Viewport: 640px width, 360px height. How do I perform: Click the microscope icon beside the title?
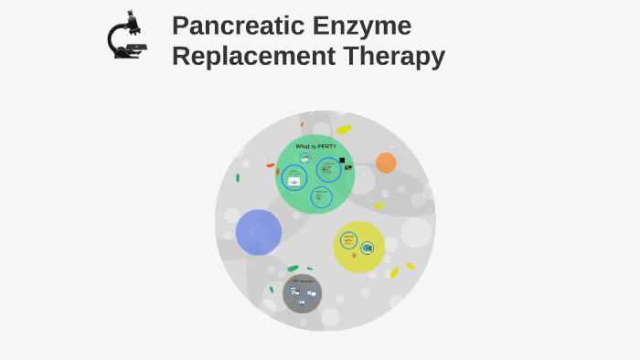coord(126,37)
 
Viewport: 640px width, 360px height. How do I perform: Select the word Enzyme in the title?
coord(366,26)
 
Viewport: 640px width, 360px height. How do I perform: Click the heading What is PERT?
coord(315,146)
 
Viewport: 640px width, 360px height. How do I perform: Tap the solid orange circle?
coord(386,163)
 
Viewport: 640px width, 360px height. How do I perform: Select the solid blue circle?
coord(259,232)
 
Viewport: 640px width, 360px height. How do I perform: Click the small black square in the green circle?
coord(342,160)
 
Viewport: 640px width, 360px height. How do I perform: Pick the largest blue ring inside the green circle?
coord(328,170)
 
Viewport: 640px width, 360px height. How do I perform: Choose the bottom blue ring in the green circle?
coord(321,196)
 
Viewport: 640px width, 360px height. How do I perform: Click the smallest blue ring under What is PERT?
coord(304,159)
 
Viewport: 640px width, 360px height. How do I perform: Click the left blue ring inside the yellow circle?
coord(348,239)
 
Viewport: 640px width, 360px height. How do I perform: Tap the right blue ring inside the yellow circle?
coord(367,248)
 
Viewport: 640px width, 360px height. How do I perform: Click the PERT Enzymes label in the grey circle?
coord(302,281)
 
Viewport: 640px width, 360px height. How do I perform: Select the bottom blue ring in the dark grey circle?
coord(301,302)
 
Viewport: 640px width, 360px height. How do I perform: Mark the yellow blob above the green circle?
coord(344,129)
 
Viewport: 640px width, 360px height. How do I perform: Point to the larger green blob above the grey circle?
coord(293,268)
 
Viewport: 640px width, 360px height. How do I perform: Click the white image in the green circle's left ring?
coord(293,182)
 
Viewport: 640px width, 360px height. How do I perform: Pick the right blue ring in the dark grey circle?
coord(311,294)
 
